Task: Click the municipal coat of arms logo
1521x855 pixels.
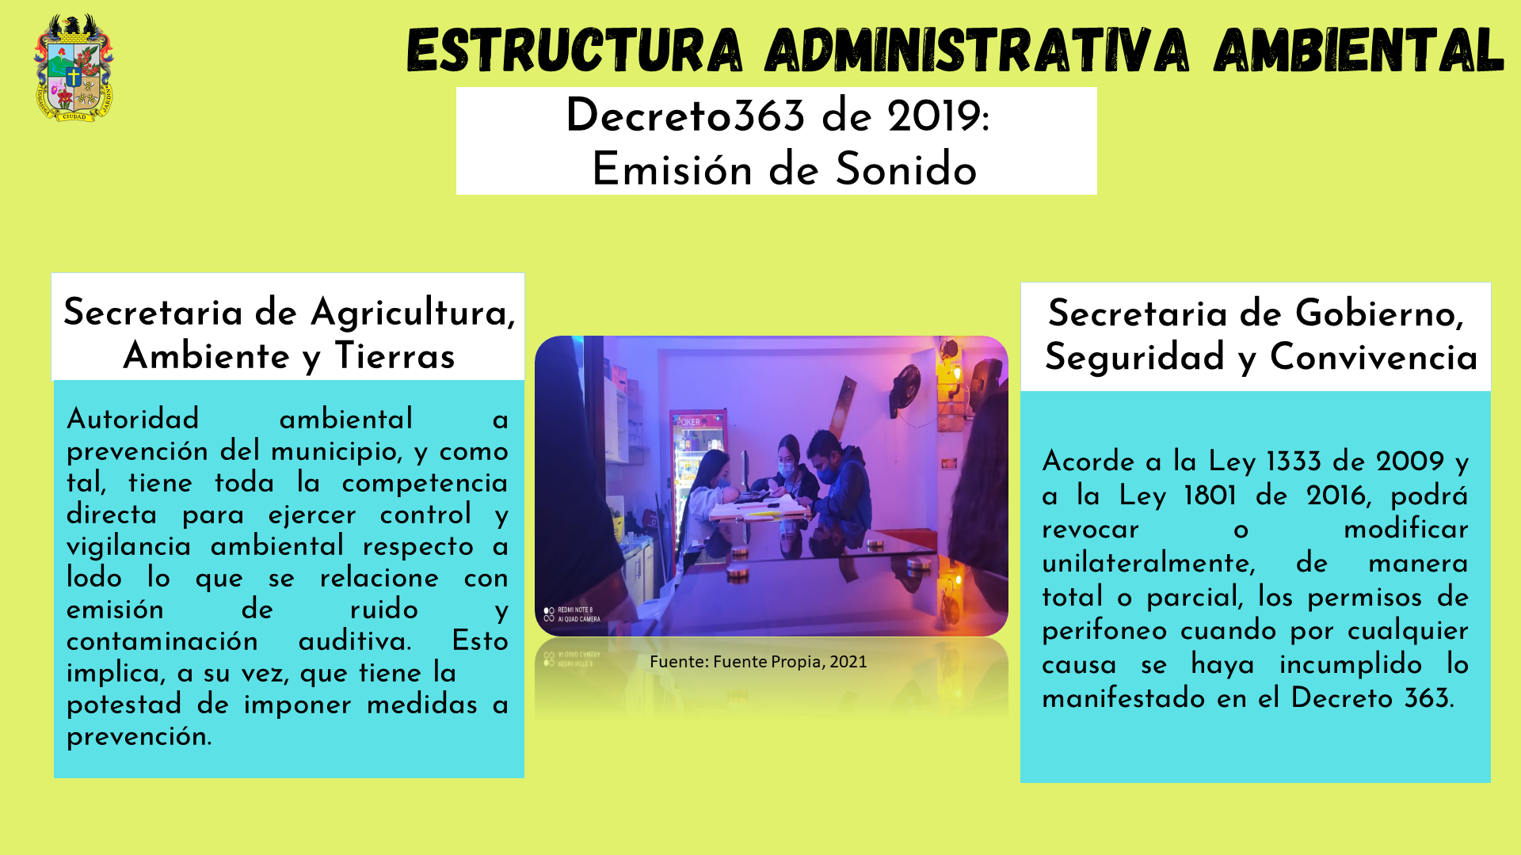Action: [74, 67]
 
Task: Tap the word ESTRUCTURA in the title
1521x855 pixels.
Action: [575, 50]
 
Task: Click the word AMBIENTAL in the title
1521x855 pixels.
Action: [1359, 50]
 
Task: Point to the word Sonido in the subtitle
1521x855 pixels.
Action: [906, 170]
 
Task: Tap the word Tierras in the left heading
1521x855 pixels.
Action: [395, 356]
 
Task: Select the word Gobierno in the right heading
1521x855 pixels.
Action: [1379, 314]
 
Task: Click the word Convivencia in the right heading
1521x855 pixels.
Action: [1374, 357]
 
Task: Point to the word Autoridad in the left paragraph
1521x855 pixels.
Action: [133, 419]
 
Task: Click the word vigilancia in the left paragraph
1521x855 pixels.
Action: [129, 547]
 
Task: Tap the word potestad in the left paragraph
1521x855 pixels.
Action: [124, 705]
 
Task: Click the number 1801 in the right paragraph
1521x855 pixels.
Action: [1210, 496]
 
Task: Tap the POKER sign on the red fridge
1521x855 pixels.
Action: [689, 422]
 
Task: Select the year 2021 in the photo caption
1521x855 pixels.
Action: [848, 662]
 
